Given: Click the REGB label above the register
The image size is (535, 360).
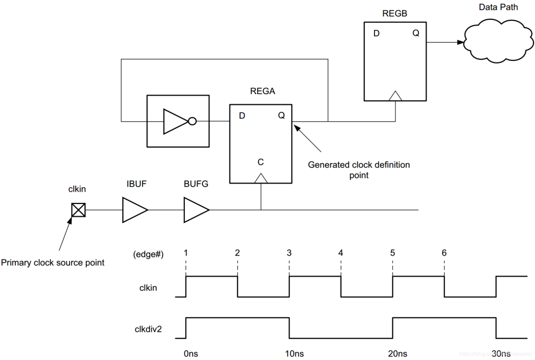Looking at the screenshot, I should (x=395, y=14).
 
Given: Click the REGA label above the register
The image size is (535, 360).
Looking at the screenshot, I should (x=263, y=92).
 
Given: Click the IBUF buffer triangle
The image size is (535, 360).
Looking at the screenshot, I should (x=134, y=210).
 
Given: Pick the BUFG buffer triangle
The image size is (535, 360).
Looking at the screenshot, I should (x=196, y=210).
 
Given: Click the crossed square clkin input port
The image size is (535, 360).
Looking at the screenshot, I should (x=78, y=210).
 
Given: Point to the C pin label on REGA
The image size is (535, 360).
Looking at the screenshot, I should (x=261, y=162).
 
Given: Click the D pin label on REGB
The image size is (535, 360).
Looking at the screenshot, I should (x=377, y=34).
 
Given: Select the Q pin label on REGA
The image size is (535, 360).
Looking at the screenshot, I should (x=281, y=116).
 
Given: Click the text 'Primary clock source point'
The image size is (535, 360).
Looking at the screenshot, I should (x=53, y=262).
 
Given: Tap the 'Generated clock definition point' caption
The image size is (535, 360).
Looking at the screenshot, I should (x=359, y=170).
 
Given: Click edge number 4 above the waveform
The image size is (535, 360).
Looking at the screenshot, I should (x=341, y=253).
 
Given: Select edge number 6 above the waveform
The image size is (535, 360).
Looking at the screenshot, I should (x=444, y=253).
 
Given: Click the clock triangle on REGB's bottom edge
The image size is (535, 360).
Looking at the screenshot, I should (x=395, y=96).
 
